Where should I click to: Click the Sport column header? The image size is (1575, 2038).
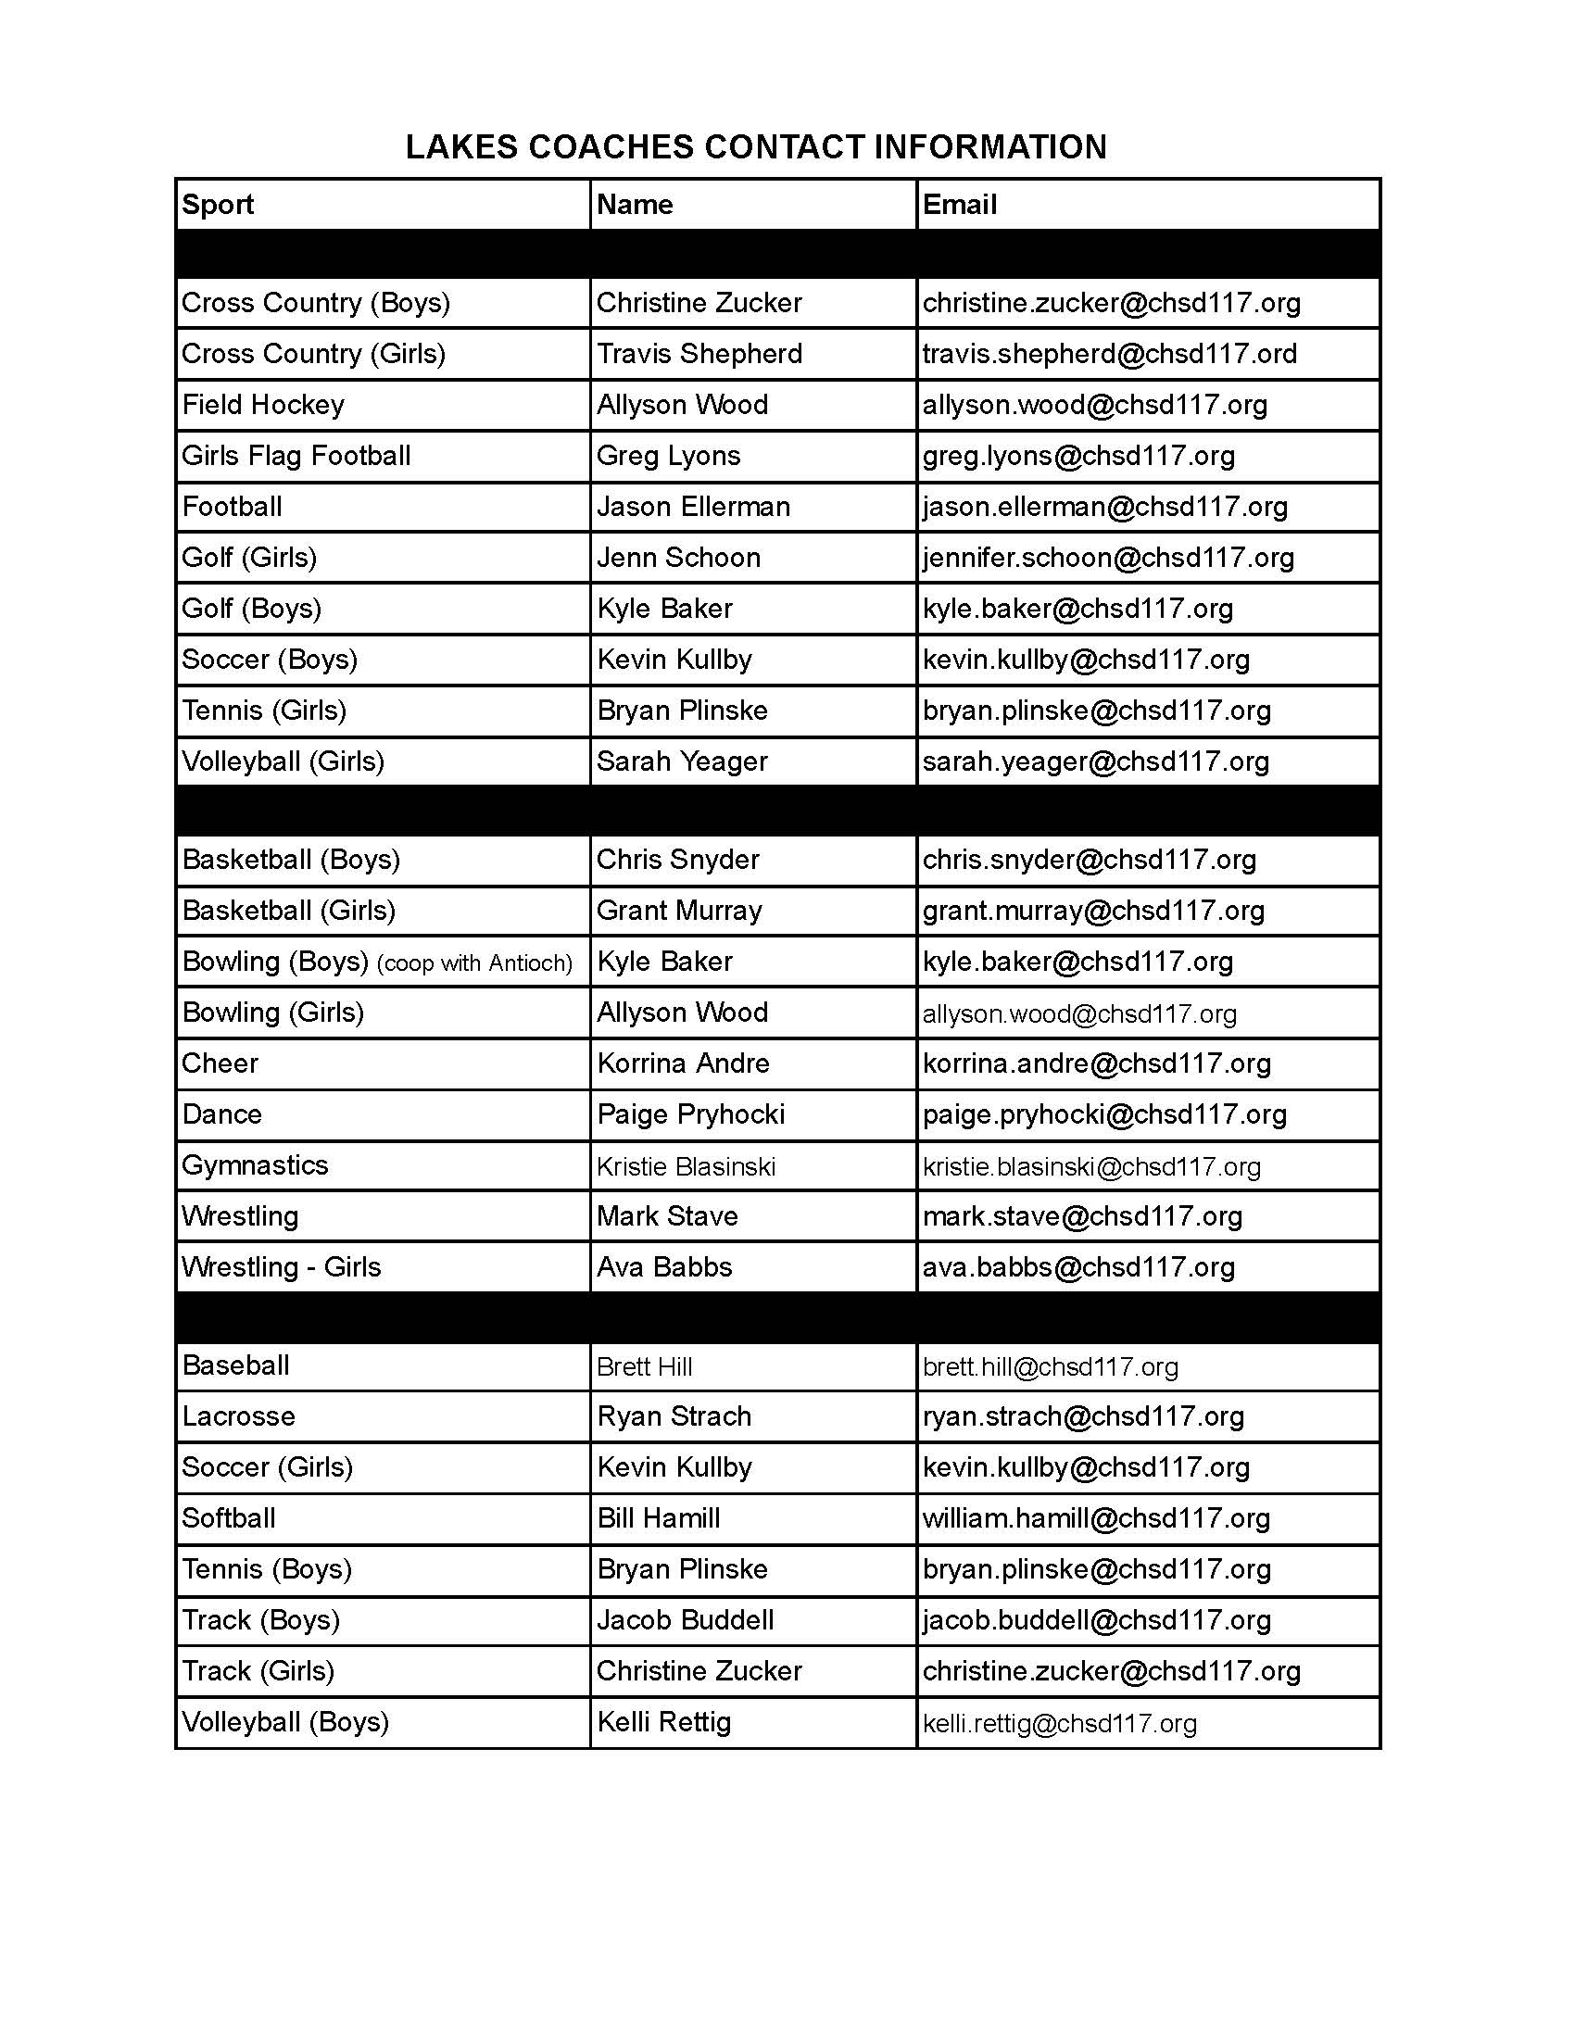[x=218, y=205]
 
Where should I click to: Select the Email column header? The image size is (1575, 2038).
[x=959, y=205]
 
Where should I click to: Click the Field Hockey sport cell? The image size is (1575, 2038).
[x=263, y=405]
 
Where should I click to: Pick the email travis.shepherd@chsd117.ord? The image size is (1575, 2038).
[x=1109, y=354]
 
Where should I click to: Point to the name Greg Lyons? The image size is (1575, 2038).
[x=668, y=456]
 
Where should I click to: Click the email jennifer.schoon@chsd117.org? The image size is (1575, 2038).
[x=1107, y=558]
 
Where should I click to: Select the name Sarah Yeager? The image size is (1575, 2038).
[x=681, y=761]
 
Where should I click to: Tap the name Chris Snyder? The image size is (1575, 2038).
[x=677, y=860]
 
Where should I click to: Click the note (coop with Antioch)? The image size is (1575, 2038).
[x=474, y=963]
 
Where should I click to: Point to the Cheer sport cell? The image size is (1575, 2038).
[x=220, y=1063]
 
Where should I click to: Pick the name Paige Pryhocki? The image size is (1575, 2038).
[x=690, y=1114]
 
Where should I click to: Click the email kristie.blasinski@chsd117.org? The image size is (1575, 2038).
[x=1090, y=1166]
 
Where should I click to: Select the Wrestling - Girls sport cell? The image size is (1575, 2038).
[x=281, y=1267]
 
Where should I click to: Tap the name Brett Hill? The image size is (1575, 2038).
[x=644, y=1367]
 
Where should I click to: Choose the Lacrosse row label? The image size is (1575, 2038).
[x=238, y=1416]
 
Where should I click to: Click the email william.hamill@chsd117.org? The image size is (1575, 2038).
[x=1095, y=1518]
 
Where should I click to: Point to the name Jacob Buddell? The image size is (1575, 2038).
[x=685, y=1620]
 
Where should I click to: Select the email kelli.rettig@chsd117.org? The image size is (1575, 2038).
[x=1059, y=1723]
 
